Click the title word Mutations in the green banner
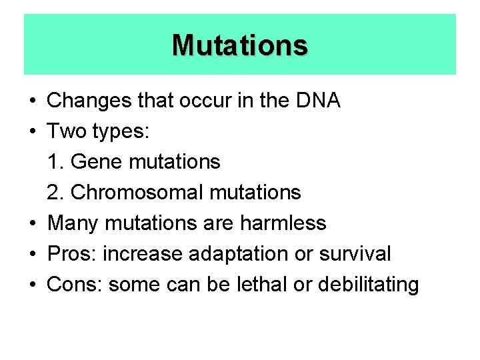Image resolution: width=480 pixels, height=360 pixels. coord(240,45)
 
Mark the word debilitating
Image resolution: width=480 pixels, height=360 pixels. coord(368,285)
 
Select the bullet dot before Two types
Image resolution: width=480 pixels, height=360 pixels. coord(32,132)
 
